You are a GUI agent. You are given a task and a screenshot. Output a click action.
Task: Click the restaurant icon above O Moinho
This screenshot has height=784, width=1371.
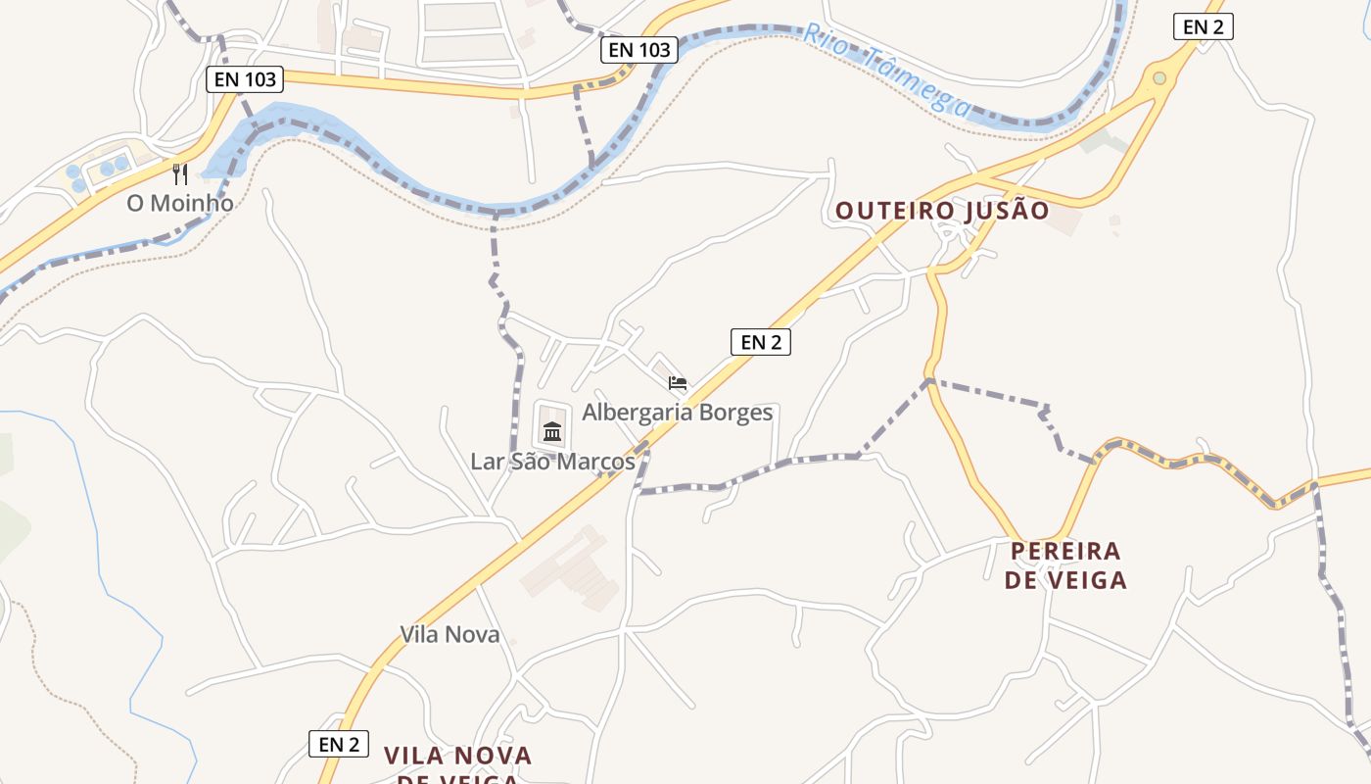click(x=180, y=174)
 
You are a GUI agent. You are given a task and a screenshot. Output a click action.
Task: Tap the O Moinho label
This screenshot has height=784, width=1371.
click(x=180, y=204)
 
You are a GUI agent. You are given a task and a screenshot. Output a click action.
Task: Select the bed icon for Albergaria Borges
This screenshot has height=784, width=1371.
click(x=677, y=383)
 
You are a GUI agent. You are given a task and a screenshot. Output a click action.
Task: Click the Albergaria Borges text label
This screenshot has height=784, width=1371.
click(x=677, y=413)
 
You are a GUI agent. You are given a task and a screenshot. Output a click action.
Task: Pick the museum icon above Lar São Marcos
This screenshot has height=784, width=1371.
click(x=552, y=431)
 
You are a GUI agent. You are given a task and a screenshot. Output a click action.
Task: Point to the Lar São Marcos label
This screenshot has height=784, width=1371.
click(x=552, y=461)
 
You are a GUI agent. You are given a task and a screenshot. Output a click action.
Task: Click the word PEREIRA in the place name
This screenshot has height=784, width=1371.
click(x=1065, y=551)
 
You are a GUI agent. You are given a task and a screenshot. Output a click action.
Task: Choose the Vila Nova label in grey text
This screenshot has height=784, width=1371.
click(x=449, y=634)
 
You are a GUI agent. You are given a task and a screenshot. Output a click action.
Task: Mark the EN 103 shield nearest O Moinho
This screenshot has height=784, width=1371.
click(x=245, y=79)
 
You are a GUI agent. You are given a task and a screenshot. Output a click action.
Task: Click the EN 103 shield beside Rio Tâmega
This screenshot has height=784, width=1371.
click(x=638, y=50)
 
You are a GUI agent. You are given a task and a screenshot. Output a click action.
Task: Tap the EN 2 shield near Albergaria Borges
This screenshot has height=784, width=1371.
click(x=760, y=342)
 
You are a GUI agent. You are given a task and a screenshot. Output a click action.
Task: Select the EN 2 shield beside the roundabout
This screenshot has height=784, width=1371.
click(x=1203, y=27)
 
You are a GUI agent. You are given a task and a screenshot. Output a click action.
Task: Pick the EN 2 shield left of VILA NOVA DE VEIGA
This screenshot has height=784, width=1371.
click(x=339, y=744)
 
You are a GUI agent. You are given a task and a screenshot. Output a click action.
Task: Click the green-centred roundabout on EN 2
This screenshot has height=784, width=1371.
click(x=1159, y=77)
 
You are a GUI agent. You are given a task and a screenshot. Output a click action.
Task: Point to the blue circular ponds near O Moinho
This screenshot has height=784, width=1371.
click(x=98, y=172)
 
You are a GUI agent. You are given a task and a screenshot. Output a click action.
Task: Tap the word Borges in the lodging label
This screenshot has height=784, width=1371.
click(x=734, y=413)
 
